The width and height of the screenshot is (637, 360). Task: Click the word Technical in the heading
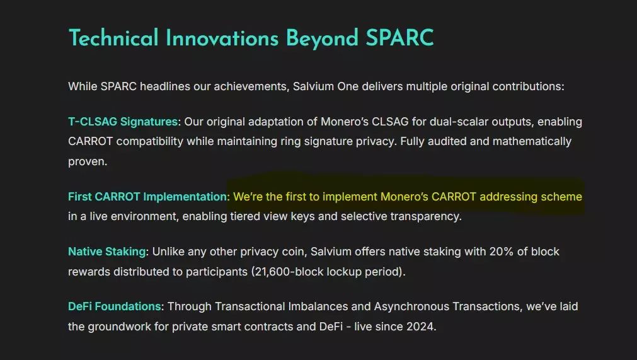(x=113, y=38)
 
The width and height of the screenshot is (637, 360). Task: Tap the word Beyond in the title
(x=322, y=39)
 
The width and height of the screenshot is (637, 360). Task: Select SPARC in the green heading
(x=399, y=38)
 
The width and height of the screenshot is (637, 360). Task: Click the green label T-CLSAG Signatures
(x=123, y=122)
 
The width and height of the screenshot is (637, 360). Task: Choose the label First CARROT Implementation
(x=147, y=197)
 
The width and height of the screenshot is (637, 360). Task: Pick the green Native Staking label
(x=107, y=252)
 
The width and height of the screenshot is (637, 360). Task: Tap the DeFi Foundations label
(x=115, y=306)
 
